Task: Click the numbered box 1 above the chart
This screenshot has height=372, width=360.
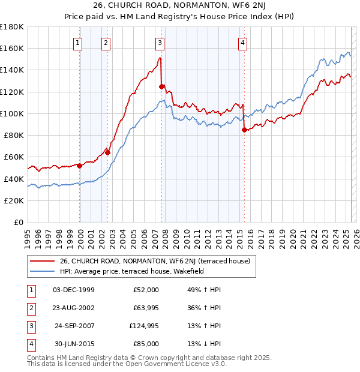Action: click(x=79, y=43)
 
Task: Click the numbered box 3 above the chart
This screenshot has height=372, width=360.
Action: click(x=160, y=43)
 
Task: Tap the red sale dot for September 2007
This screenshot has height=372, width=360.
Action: click(x=161, y=86)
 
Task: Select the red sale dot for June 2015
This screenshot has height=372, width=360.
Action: click(x=244, y=130)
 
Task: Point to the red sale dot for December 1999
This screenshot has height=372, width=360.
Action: click(x=79, y=166)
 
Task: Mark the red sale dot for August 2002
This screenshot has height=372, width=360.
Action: click(x=108, y=152)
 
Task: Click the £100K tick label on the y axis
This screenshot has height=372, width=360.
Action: click(x=11, y=113)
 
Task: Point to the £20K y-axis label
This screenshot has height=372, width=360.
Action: click(x=14, y=200)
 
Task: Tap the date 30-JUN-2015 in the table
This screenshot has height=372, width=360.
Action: click(x=74, y=344)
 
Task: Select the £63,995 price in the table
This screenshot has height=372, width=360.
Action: click(x=146, y=308)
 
